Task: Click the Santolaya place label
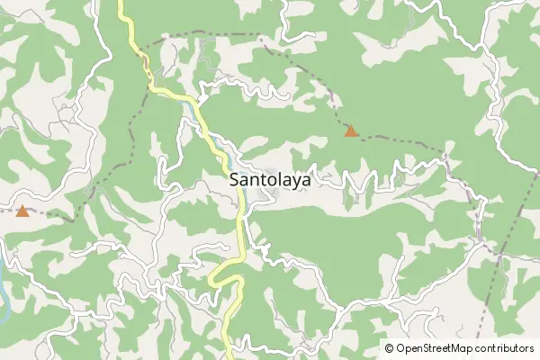coord(271,180)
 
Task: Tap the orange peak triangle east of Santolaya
coord(351,131)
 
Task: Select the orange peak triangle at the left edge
coord(22,211)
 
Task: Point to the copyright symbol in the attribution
coord(390,348)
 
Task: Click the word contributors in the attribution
coord(504,348)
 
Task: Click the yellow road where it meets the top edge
coord(121,3)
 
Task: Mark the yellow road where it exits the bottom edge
coord(229,356)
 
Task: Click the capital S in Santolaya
coord(236,180)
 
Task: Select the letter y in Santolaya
coord(292,183)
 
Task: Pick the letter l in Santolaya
coord(274,180)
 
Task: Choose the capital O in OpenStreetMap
coord(401,348)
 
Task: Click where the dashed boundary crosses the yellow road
coord(144,56)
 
